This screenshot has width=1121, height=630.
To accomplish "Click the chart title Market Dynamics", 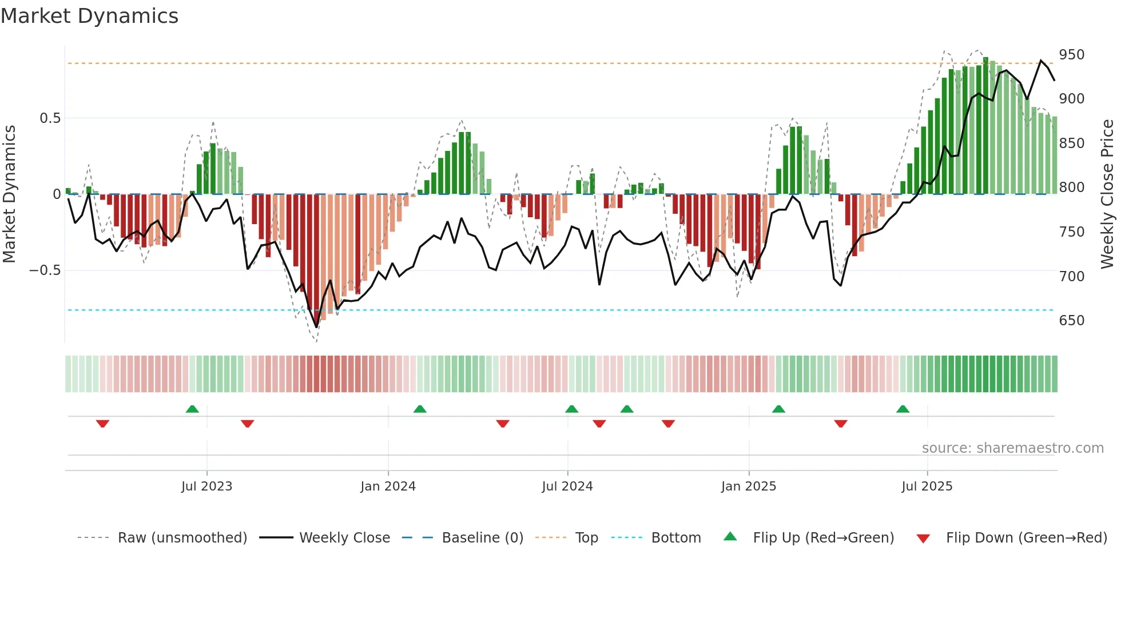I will click(x=90, y=16).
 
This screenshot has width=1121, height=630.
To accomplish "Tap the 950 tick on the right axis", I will click(x=1071, y=55).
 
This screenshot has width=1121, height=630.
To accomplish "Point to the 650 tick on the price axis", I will click(x=1071, y=320).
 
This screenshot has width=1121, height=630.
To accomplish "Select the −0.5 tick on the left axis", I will click(x=45, y=270).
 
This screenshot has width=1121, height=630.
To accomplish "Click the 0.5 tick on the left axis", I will click(x=50, y=118).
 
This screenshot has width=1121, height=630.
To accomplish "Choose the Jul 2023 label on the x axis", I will click(x=206, y=487).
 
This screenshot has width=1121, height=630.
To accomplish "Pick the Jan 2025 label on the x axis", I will click(x=748, y=487).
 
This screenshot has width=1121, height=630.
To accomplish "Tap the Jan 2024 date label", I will click(x=388, y=487).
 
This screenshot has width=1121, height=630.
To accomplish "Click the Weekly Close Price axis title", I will click(x=1107, y=194).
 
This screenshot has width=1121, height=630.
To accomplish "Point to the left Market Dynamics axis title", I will click(x=9, y=194).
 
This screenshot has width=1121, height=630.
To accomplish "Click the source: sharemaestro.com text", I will click(x=1012, y=448).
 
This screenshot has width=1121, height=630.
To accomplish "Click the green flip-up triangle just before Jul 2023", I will click(x=192, y=409).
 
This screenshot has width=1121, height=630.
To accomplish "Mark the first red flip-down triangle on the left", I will click(x=102, y=424).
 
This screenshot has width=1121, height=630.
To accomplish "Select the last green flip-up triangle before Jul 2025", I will click(x=903, y=409).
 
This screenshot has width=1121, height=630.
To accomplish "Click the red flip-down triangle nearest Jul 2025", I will click(x=840, y=424).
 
